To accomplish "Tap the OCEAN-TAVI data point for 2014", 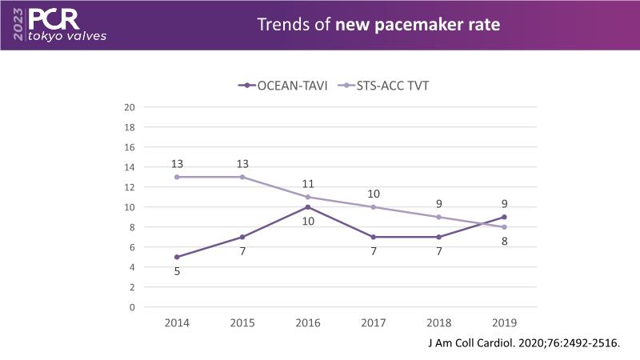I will [x=175, y=257].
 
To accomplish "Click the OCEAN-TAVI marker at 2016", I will [x=309, y=207].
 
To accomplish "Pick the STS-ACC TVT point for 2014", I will [x=175, y=177].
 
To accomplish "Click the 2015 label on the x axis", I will [x=242, y=322].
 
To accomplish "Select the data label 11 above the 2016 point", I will [x=309, y=183].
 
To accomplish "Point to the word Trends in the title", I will [x=282, y=25].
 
